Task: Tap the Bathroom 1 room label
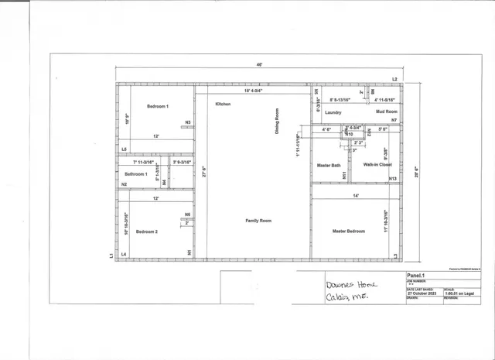click(x=137, y=174)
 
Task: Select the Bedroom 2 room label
click(x=147, y=231)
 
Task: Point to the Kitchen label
click(x=224, y=104)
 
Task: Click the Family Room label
click(x=258, y=221)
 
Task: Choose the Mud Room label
click(x=386, y=112)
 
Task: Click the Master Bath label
click(x=329, y=165)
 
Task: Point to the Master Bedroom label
click(x=349, y=231)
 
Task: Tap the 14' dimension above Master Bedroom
click(x=356, y=196)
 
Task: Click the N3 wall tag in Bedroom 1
click(x=187, y=122)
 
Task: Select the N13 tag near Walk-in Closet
click(x=393, y=179)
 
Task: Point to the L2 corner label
click(x=394, y=80)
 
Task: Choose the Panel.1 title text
click(x=417, y=275)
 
